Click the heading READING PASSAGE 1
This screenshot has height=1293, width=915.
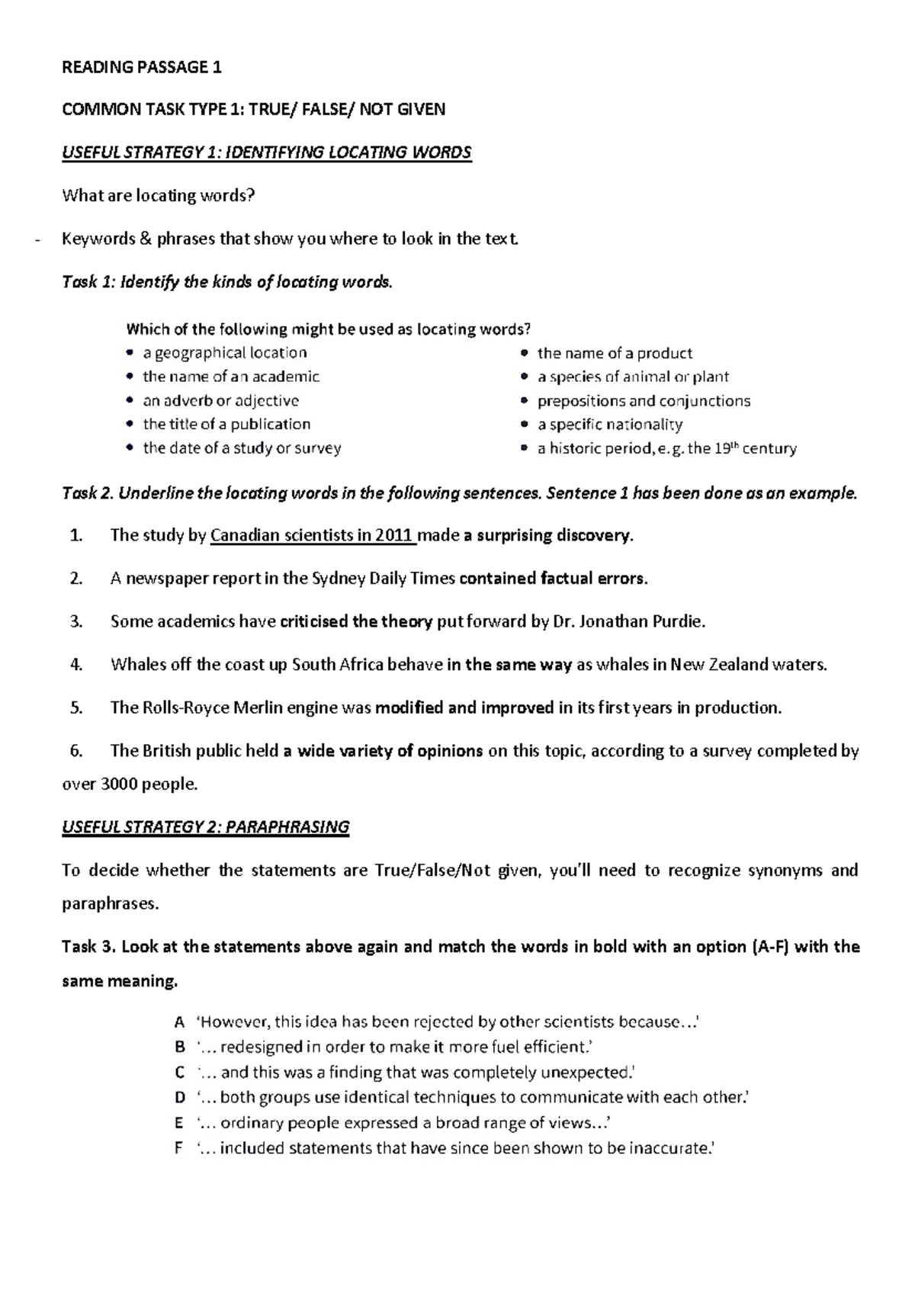tap(141, 67)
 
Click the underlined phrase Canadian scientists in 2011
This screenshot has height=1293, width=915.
tap(313, 535)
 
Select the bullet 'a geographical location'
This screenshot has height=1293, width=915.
tap(224, 353)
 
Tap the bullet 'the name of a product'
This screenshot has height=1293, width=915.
tap(615, 353)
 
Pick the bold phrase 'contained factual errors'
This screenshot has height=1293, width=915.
tap(554, 579)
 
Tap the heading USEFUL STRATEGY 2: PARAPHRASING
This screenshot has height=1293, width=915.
tap(205, 827)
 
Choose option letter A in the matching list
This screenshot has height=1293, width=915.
tap(179, 1022)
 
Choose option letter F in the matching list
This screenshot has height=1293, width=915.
tap(179, 1148)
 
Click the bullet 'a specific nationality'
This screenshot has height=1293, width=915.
tap(609, 425)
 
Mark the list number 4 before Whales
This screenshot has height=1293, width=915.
tap(75, 664)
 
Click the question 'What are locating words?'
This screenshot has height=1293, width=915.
tap(158, 196)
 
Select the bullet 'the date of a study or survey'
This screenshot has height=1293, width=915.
tap(242, 448)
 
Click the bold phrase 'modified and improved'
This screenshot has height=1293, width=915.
tap(464, 707)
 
